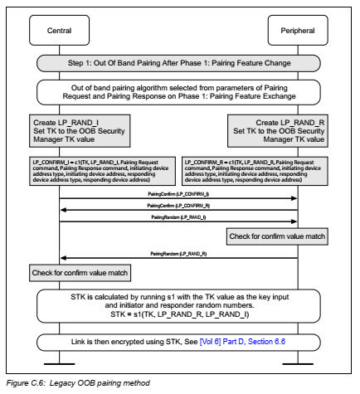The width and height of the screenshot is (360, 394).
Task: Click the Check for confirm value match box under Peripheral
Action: click(276, 237)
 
